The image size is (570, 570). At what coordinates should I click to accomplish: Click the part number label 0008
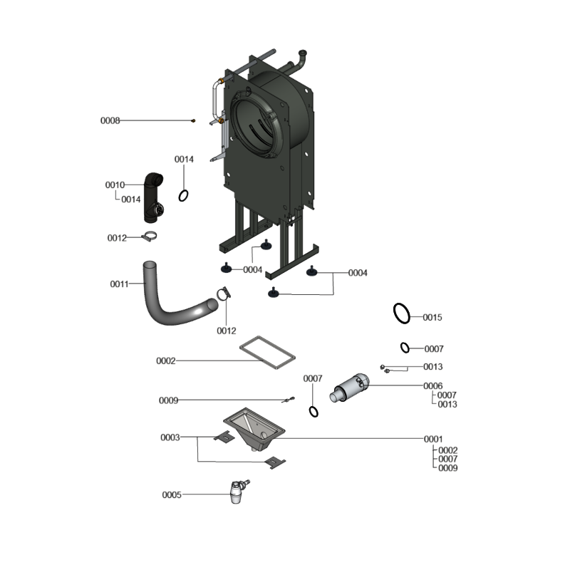110,120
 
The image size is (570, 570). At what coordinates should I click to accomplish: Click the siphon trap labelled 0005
238,492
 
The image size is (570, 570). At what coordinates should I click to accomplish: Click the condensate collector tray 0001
254,429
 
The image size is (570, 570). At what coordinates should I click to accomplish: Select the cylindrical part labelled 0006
349,388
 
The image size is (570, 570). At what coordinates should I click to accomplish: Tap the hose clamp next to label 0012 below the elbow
150,237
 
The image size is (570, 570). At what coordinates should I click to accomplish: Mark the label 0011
120,284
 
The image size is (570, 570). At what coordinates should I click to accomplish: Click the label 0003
170,437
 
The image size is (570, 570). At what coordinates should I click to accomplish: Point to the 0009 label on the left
168,400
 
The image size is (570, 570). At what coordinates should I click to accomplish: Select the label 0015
432,317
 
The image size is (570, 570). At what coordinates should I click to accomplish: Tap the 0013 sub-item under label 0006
447,404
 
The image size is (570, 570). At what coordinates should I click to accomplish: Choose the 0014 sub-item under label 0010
131,199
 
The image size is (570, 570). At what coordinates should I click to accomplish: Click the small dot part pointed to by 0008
193,120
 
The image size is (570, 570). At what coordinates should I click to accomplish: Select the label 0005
172,494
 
